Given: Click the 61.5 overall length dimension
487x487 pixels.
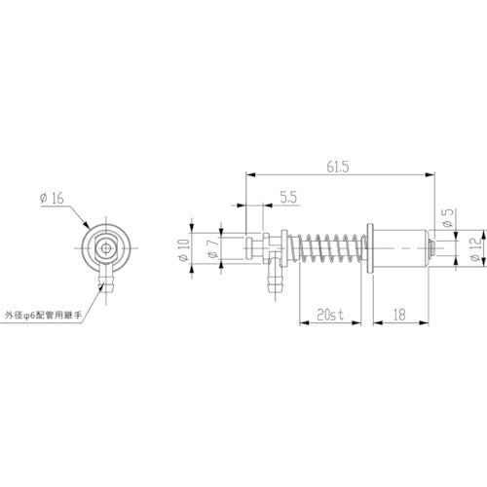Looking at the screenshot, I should (341, 167).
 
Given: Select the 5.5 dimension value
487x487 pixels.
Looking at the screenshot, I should (287, 197).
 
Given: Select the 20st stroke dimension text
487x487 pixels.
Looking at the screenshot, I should (328, 314).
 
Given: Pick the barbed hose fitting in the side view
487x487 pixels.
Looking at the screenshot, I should (275, 285).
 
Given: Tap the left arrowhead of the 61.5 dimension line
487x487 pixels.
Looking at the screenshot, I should (248, 175).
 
